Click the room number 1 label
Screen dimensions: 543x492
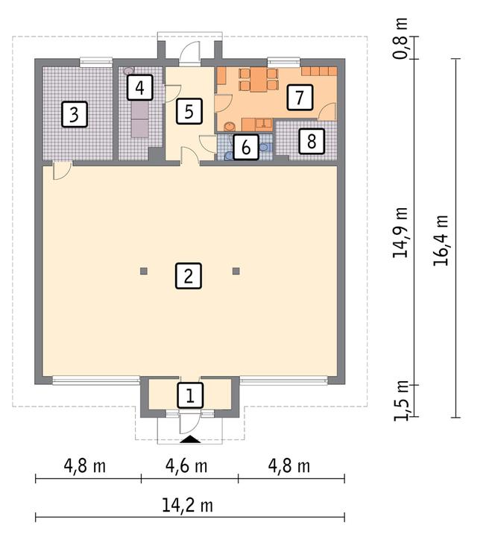[189, 395]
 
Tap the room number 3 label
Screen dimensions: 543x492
[73, 115]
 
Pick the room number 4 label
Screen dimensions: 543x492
[138, 88]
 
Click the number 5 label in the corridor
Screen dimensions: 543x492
[189, 113]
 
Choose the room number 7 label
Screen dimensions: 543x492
[299, 97]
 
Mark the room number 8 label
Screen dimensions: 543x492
[312, 141]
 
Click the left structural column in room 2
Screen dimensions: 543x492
[144, 271]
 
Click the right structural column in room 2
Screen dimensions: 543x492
[236, 271]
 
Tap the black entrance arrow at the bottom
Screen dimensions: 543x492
[190, 440]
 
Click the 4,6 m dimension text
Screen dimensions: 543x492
[189, 467]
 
